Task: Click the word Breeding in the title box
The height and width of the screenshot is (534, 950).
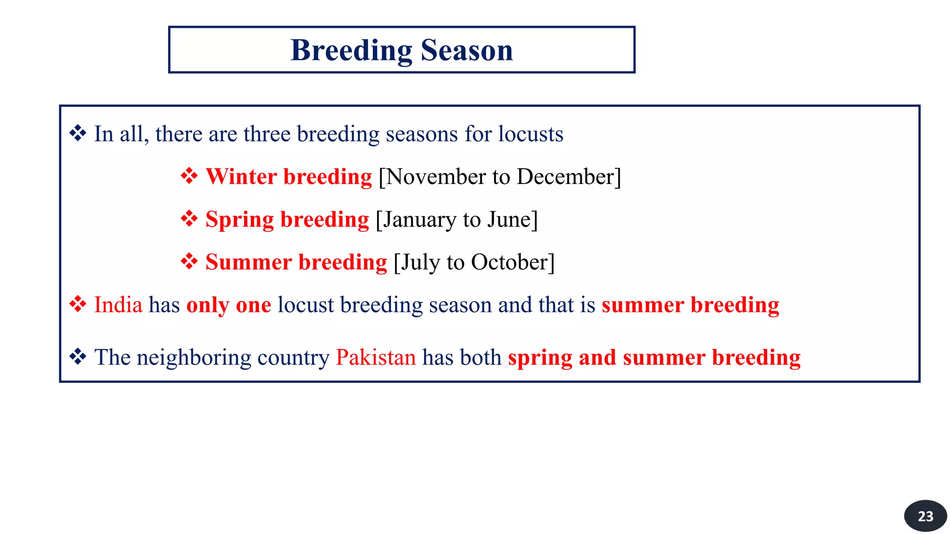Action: coord(351,50)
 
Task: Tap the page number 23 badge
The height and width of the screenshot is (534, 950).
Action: coord(925,516)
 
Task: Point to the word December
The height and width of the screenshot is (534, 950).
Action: coord(565,177)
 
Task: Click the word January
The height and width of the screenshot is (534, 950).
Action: coord(419,220)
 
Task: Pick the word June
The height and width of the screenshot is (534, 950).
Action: coord(509,220)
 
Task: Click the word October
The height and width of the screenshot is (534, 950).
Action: coord(509,262)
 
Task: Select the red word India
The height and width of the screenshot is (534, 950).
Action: coord(118,305)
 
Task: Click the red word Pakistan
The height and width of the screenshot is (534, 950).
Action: coord(376,357)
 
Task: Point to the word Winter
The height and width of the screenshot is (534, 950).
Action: coord(241,177)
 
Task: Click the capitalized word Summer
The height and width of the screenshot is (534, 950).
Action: coord(248,262)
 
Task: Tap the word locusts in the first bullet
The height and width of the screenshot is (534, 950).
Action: coord(531,134)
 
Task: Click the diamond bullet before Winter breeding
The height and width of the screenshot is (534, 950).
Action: coord(189,176)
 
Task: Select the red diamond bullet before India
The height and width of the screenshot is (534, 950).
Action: coord(77,305)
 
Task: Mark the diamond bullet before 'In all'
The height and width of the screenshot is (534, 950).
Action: coord(77,133)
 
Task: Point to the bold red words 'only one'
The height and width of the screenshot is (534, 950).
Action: coord(229,305)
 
